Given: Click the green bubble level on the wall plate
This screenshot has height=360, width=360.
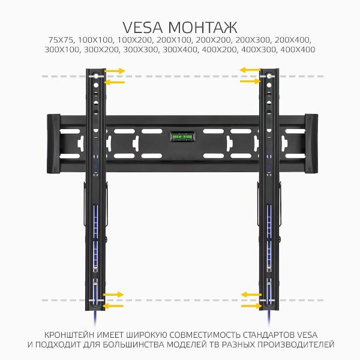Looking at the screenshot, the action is click(x=183, y=137).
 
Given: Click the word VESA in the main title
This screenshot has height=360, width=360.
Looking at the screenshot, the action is click(x=143, y=28).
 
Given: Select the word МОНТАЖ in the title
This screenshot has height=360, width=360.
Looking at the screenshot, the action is click(x=203, y=28).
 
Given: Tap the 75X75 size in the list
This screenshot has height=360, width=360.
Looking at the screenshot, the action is click(x=61, y=40).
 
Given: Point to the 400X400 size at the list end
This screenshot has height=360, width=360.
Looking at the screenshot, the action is click(x=298, y=49).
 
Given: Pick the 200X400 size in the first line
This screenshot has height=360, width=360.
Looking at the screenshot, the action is click(x=293, y=40).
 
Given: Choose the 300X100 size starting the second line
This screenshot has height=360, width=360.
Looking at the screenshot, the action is click(x=62, y=49).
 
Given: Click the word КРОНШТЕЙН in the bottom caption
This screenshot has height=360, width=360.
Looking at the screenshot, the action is click(x=69, y=335).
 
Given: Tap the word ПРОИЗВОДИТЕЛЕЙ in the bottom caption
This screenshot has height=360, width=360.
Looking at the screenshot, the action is click(x=295, y=344).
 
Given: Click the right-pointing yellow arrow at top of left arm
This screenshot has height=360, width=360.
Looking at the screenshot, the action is click(x=115, y=71).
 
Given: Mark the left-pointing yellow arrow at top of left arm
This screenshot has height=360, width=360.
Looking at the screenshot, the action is click(x=114, y=82).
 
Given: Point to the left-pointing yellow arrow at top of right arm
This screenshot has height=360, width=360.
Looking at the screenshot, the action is click(x=250, y=70).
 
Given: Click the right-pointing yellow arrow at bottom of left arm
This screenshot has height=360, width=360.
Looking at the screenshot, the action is click(x=113, y=295).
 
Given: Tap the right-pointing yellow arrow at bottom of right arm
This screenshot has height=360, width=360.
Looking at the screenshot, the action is click(x=251, y=306).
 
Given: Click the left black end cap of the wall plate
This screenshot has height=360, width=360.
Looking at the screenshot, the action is click(x=53, y=144).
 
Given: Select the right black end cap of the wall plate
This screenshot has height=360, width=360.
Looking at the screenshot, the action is click(x=311, y=143).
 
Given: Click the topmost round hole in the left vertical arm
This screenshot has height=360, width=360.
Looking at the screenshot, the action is click(x=96, y=76).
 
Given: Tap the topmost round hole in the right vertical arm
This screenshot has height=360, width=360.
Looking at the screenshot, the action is click(x=269, y=76).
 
